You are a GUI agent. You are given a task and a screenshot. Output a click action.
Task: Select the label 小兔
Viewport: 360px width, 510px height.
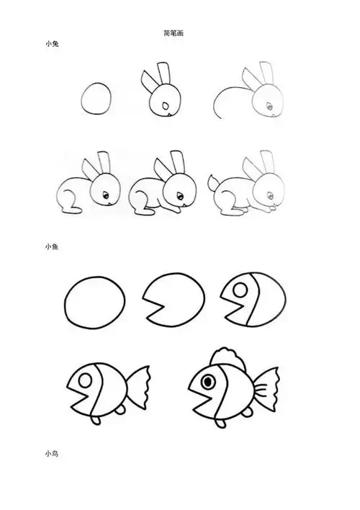(53, 45)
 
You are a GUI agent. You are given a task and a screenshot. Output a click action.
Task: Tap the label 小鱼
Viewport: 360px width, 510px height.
(53, 246)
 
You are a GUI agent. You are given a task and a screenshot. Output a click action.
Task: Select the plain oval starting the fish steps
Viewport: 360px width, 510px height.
(95, 303)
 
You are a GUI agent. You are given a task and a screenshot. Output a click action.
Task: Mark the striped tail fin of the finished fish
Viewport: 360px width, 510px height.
(267, 388)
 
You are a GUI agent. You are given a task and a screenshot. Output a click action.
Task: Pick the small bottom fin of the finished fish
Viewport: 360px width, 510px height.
(244, 413)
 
